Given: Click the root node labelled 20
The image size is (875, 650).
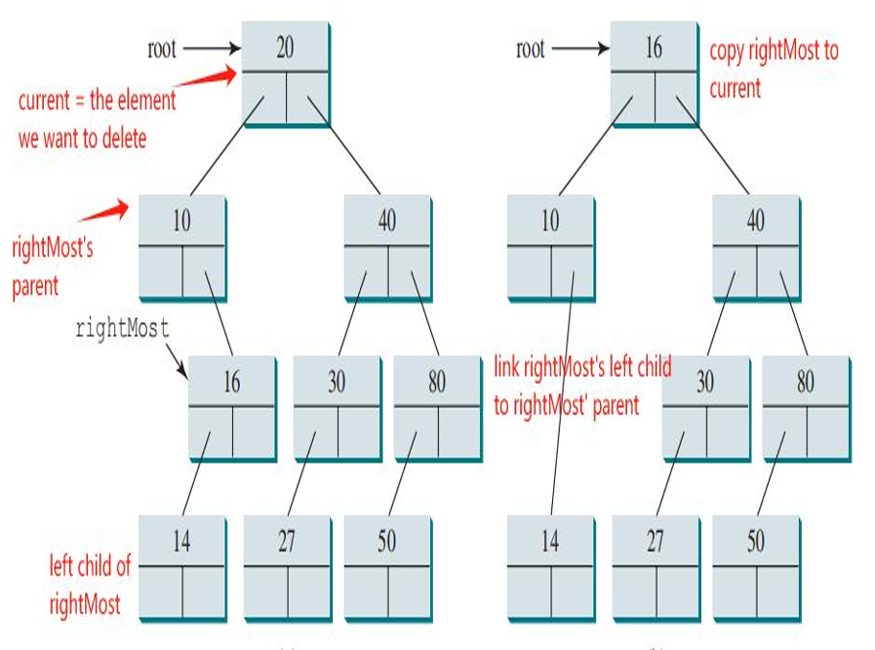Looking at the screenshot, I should (285, 73).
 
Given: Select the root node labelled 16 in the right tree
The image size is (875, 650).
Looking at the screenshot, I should (654, 73).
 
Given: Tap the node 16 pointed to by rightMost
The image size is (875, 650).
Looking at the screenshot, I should (232, 406).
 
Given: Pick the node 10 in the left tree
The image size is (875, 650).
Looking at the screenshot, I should (182, 246).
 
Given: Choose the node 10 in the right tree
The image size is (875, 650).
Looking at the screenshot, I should (551, 246).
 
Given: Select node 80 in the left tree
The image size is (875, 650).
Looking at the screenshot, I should (437, 406).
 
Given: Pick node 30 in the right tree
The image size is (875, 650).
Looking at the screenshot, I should (705, 406).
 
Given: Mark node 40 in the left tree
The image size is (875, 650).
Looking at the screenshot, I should (387, 246).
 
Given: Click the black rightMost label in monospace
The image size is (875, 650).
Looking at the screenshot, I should (122, 329).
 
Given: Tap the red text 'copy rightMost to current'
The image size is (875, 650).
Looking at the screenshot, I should (773, 69).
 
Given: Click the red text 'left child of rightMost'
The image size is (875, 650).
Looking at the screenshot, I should (90, 585).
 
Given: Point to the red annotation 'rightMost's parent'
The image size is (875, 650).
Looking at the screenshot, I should (53, 266).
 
